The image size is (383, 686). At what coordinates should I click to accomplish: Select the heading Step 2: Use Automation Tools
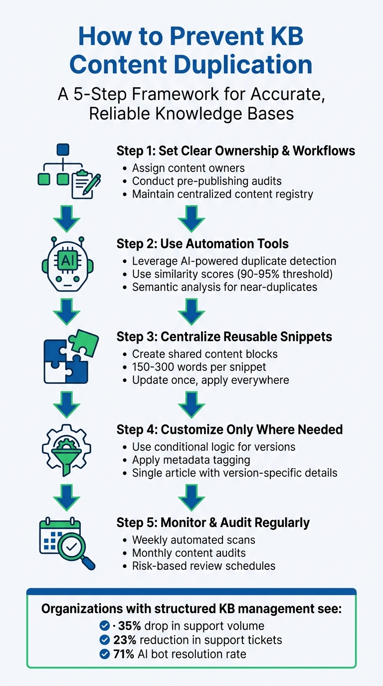[x=202, y=244]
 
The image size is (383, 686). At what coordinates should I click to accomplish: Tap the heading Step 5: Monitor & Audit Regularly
[x=213, y=522]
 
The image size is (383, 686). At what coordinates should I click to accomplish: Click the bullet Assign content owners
[x=188, y=168]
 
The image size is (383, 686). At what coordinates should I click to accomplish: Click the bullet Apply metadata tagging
[x=191, y=460]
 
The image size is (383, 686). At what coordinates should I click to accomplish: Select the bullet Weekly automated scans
[x=193, y=539]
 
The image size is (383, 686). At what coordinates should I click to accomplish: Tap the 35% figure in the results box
[x=130, y=626]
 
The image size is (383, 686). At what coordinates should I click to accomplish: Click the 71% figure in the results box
[x=124, y=654]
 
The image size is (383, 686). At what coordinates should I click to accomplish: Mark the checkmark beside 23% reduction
[x=105, y=640]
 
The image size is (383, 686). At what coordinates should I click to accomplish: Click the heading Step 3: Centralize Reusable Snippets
[x=224, y=337]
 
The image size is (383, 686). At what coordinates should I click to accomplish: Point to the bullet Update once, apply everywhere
[x=210, y=380]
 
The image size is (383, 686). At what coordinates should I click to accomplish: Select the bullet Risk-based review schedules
[x=203, y=565]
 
